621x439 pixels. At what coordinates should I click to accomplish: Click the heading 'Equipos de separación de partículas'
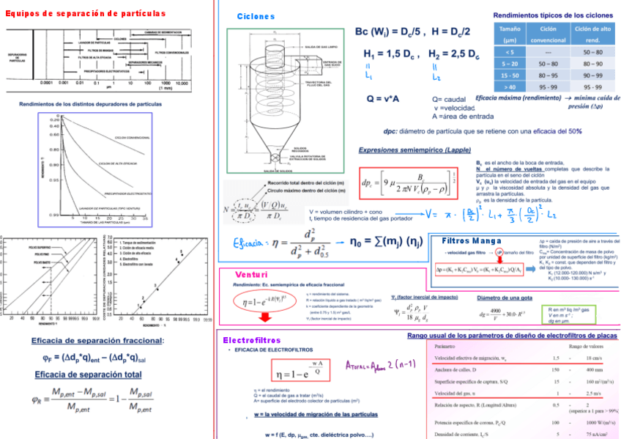[x=86, y=13]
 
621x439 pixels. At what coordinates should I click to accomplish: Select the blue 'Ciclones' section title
[x=256, y=16]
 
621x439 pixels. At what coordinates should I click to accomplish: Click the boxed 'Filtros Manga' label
[x=472, y=241]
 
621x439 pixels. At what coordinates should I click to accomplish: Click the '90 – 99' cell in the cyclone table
[x=593, y=75]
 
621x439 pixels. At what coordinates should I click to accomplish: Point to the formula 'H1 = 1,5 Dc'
[x=390, y=54]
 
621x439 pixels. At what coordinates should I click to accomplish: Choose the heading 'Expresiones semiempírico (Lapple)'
[x=414, y=150]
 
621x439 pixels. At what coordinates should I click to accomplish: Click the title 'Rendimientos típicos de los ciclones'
[x=553, y=15]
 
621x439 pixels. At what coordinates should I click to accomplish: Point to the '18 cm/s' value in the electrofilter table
[x=586, y=358]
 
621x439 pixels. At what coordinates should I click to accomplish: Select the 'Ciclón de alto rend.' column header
[x=593, y=34]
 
